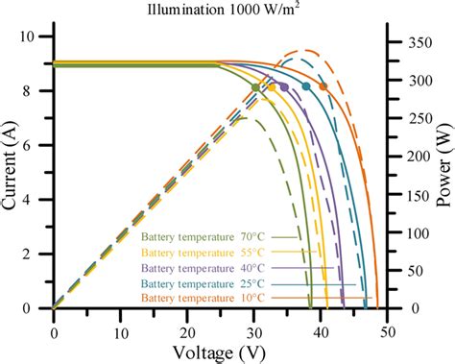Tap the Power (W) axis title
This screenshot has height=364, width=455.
click(443, 173)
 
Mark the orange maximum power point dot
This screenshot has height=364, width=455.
click(323, 86)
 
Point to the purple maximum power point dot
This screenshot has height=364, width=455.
click(284, 87)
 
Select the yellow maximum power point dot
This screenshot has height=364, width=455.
click(273, 87)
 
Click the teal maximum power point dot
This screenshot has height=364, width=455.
click(306, 86)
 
